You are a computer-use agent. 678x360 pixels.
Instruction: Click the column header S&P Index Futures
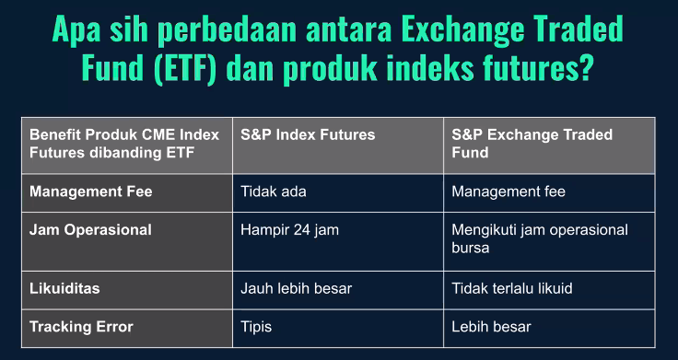tap(308, 134)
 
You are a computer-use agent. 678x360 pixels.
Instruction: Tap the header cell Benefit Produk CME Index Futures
tap(124, 144)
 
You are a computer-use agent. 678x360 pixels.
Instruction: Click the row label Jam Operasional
tap(90, 230)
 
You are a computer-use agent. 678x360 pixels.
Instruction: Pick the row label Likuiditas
tap(64, 288)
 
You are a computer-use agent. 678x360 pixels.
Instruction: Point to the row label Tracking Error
tap(81, 327)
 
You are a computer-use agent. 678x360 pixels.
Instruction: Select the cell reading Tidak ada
tap(273, 192)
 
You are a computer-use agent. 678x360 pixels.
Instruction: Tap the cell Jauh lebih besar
tap(296, 288)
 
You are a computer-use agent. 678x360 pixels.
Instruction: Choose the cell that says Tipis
tap(257, 327)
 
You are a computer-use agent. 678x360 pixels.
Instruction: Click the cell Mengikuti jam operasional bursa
tap(539, 238)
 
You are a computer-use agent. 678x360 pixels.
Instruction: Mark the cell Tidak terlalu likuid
tap(512, 288)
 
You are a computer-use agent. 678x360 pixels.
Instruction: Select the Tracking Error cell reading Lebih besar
tap(491, 327)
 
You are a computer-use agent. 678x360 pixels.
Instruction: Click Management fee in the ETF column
tap(508, 192)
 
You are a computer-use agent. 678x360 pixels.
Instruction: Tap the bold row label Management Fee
tap(90, 192)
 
